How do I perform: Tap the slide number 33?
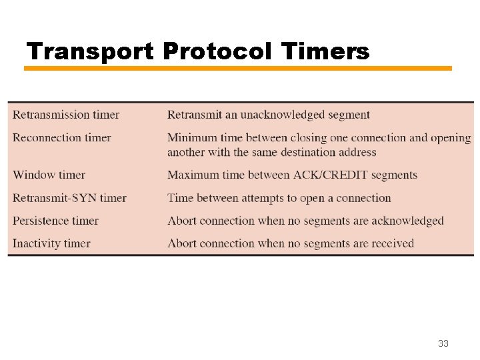(443, 343)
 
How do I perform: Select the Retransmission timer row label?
(66, 115)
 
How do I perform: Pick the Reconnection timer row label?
(62, 138)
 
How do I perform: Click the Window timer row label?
(49, 175)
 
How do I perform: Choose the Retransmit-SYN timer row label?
(69, 198)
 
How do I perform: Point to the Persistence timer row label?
(56, 221)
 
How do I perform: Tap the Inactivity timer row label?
(51, 243)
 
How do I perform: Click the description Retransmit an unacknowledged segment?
(268, 115)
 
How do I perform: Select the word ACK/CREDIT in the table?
(330, 175)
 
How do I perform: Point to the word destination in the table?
(302, 152)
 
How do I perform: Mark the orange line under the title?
(238, 68)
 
